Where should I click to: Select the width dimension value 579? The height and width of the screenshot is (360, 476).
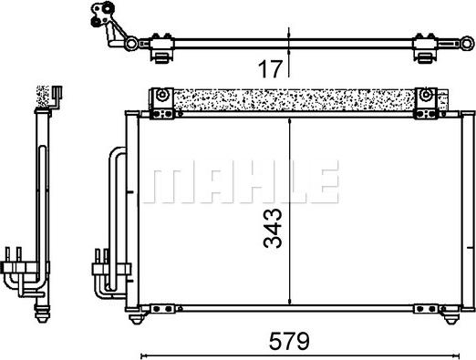pyautogui.click(x=291, y=342)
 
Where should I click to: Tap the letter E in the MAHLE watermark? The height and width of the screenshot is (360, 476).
pyautogui.click(x=320, y=182)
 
